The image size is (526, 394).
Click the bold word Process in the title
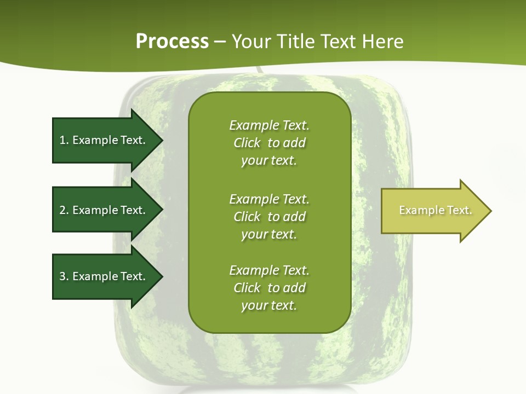pyautogui.click(x=172, y=41)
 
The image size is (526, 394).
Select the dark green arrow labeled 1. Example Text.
pyautogui.click(x=104, y=140)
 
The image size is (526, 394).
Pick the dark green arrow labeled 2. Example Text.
pyautogui.click(x=104, y=210)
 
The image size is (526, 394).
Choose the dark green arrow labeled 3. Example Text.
pyautogui.click(x=104, y=276)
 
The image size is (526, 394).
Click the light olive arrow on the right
pyautogui.click(x=433, y=210)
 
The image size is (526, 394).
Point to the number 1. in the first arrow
pyautogui.click(x=64, y=140)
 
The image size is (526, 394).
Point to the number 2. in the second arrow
pyautogui.click(x=64, y=210)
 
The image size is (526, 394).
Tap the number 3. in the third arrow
pyautogui.click(x=64, y=276)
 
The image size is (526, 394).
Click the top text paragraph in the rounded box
pyautogui.click(x=269, y=143)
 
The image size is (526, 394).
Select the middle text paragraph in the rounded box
pyautogui.click(x=269, y=216)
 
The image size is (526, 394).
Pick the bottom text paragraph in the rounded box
pyautogui.click(x=269, y=288)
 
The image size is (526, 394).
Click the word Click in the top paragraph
pyautogui.click(x=247, y=143)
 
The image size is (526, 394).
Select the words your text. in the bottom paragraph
pyautogui.click(x=269, y=305)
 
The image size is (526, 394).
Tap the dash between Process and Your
pyautogui.click(x=220, y=42)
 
